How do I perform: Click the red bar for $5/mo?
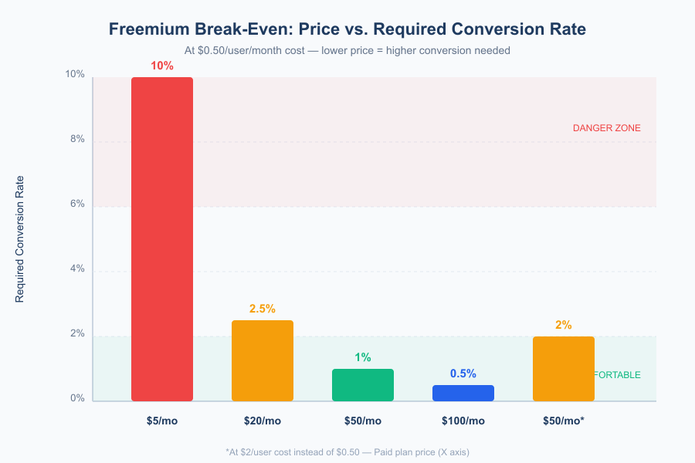click(162, 239)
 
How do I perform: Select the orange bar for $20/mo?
click(263, 360)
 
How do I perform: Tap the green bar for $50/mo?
click(363, 384)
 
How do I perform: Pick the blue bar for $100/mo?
click(463, 393)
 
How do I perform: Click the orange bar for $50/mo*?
click(564, 369)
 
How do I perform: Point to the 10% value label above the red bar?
click(162, 66)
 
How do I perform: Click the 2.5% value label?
click(263, 309)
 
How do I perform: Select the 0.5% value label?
click(463, 373)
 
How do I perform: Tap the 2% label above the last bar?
click(564, 325)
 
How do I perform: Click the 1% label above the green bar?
click(363, 357)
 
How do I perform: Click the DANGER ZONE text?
click(606, 128)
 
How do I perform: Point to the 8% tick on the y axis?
click(76, 140)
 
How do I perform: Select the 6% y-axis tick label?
click(76, 204)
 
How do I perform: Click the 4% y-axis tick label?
click(76, 269)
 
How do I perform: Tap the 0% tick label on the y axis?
click(76, 399)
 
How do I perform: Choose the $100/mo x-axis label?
click(463, 421)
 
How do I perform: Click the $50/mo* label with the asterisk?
click(564, 421)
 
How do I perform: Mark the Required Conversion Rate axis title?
click(20, 238)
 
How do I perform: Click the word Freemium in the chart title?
click(148, 29)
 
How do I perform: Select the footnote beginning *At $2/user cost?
click(347, 451)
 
